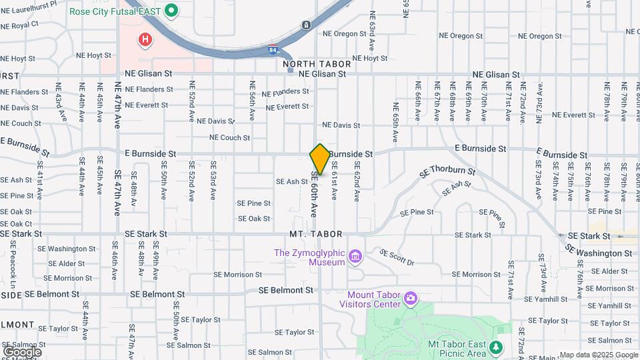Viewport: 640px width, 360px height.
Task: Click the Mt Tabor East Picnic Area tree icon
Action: (495, 347)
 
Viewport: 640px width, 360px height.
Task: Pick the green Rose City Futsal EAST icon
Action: (171, 10)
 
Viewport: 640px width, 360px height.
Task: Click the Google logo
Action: (22, 351)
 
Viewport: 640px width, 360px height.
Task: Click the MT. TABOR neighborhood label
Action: (316, 235)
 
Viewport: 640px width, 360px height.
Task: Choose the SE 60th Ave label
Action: (314, 193)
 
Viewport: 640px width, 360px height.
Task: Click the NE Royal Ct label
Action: (19, 25)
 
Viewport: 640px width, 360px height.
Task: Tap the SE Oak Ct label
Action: (16, 223)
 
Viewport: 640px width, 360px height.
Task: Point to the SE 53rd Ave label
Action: (213, 181)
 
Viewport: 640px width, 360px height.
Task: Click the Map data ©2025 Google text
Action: (599, 355)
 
